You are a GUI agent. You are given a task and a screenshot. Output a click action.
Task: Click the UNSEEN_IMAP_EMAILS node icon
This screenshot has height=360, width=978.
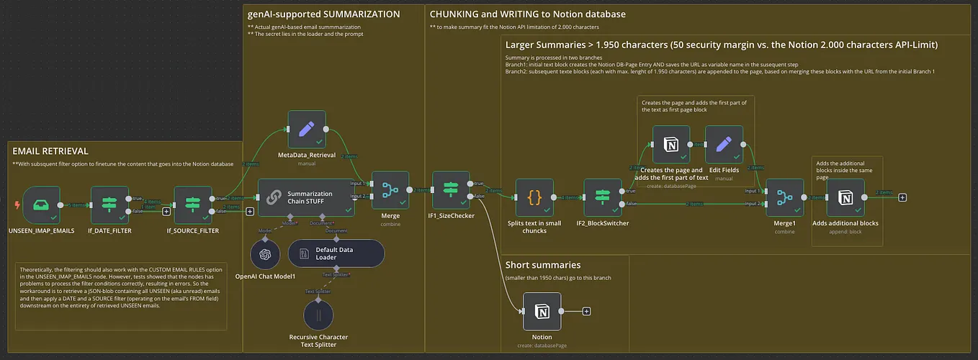(41, 205)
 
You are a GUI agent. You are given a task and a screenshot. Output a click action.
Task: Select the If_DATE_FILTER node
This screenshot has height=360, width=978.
(109, 205)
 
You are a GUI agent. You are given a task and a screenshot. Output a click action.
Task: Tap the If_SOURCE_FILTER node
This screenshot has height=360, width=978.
(193, 205)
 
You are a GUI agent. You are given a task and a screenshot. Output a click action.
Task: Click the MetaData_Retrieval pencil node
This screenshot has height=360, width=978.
(307, 129)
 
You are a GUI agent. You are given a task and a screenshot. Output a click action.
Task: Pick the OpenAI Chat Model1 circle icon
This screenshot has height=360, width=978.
(265, 254)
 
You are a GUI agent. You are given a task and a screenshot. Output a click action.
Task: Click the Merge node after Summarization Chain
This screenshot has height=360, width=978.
(390, 190)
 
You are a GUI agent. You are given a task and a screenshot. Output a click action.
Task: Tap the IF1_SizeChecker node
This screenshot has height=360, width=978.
(451, 190)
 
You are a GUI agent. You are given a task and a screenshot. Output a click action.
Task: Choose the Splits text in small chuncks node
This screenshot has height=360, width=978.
(535, 198)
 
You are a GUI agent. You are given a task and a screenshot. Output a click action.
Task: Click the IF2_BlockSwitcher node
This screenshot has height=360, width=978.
(602, 198)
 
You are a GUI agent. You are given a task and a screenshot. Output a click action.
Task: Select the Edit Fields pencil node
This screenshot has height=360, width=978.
(724, 144)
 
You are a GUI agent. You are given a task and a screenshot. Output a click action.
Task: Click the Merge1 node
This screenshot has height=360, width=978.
(784, 198)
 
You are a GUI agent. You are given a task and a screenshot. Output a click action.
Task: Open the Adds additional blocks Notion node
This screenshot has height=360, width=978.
(845, 198)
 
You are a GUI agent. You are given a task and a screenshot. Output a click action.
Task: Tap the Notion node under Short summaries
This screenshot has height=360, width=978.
(542, 311)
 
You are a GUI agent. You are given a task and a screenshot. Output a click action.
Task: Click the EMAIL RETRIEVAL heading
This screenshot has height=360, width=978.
(50, 150)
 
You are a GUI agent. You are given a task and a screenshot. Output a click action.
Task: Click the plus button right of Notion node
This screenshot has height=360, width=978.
(586, 311)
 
